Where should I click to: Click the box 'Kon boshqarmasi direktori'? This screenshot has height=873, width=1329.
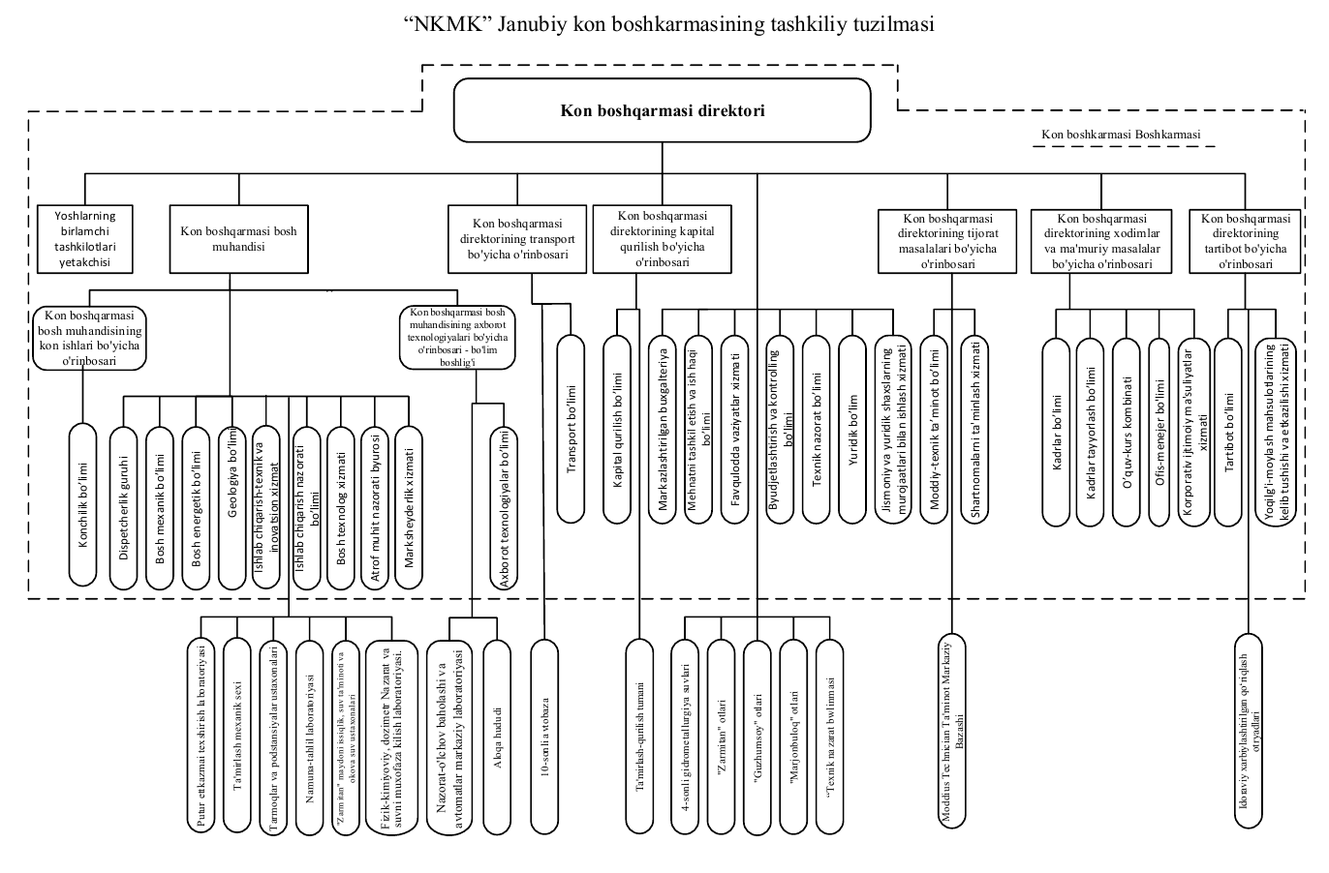click(663, 110)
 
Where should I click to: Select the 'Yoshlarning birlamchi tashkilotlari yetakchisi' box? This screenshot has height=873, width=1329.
click(84, 239)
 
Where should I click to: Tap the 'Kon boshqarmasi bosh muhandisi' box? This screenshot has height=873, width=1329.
click(231, 239)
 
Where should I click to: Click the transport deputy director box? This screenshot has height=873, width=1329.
click(517, 239)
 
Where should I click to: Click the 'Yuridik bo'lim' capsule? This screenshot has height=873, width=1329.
click(852, 430)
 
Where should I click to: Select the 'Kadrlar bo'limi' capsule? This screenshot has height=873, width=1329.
click(1056, 432)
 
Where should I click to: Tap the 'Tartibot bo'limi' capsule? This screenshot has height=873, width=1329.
click(1228, 432)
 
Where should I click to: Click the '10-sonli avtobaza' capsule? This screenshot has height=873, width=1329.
click(546, 736)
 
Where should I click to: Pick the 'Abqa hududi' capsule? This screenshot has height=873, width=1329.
click(496, 736)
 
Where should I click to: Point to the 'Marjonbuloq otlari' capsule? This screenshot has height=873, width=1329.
click(793, 736)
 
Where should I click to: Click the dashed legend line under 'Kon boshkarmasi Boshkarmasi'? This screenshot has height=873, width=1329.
click(1123, 147)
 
